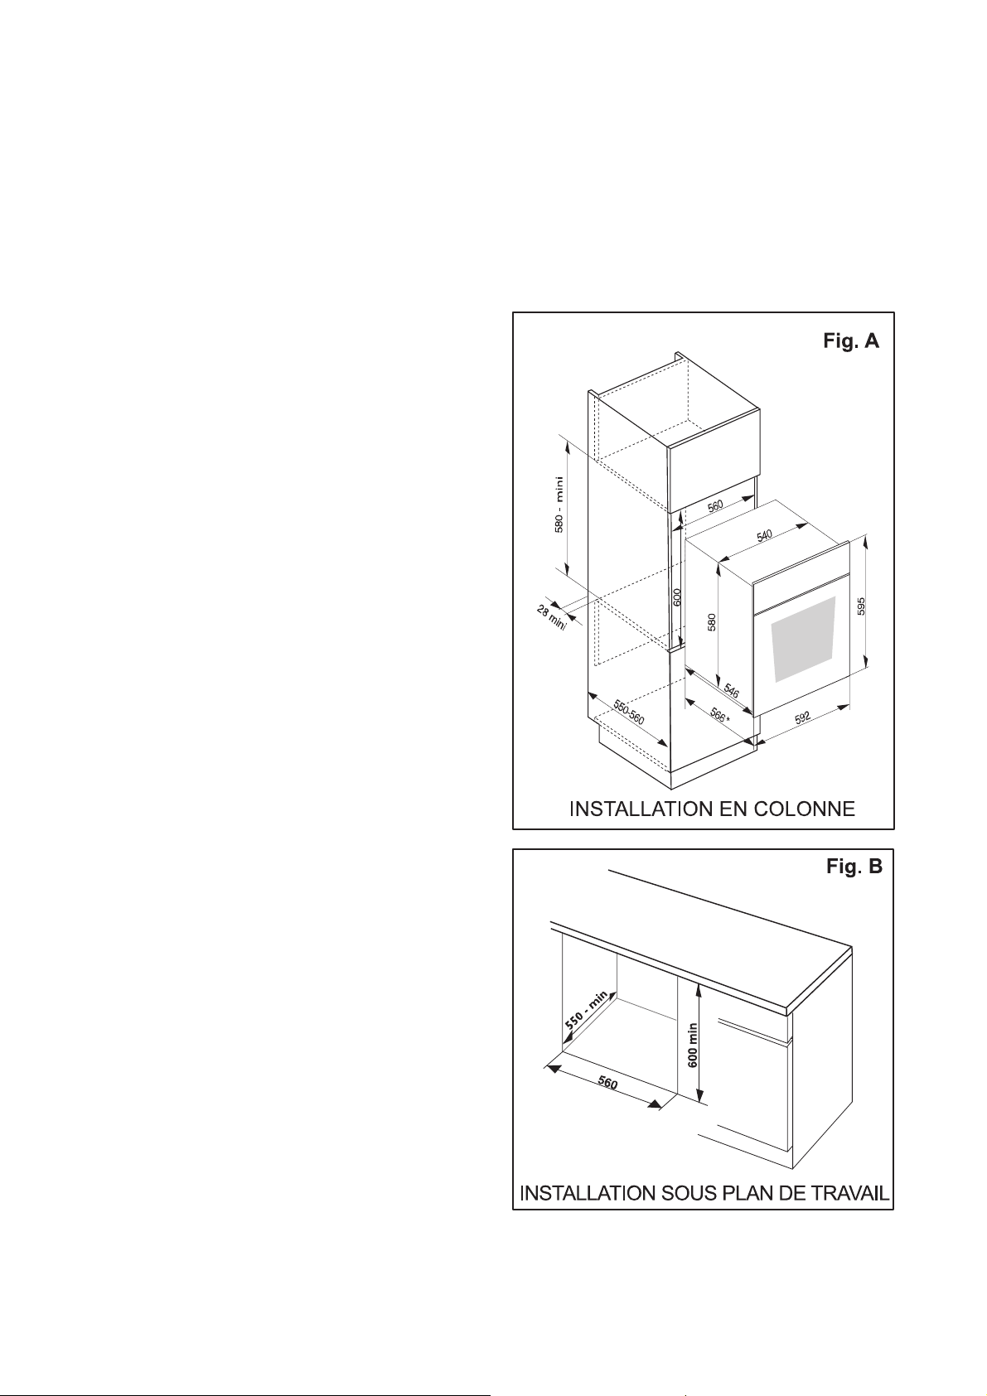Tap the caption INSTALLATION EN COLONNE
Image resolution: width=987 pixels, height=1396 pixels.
711,809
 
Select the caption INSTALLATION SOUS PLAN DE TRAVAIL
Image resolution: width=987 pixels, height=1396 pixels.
704,1194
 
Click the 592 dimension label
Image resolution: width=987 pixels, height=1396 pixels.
802,717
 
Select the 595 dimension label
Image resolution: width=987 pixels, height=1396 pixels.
861,606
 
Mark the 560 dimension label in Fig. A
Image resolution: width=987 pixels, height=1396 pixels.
714,505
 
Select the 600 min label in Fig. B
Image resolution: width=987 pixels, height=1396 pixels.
693,1044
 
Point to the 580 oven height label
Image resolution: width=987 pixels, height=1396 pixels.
711,622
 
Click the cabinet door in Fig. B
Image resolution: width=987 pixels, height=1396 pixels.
754,1085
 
